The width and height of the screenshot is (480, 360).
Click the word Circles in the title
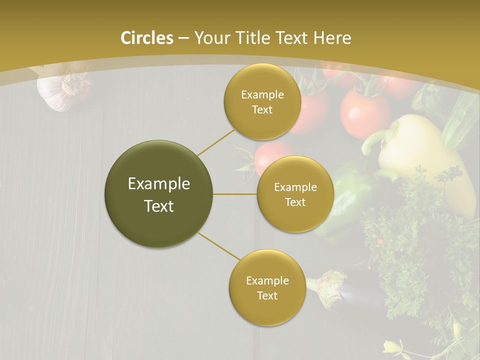click(147, 38)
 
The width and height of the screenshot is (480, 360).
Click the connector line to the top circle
click(216, 140)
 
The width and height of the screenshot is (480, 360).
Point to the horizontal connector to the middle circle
click(234, 194)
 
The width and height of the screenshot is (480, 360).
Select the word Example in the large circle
click(159, 184)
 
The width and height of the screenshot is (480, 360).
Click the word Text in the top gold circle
click(262, 110)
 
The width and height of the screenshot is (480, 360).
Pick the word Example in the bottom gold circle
click(267, 281)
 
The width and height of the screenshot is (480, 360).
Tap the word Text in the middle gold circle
click(295, 202)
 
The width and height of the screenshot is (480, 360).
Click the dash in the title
click(183, 38)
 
